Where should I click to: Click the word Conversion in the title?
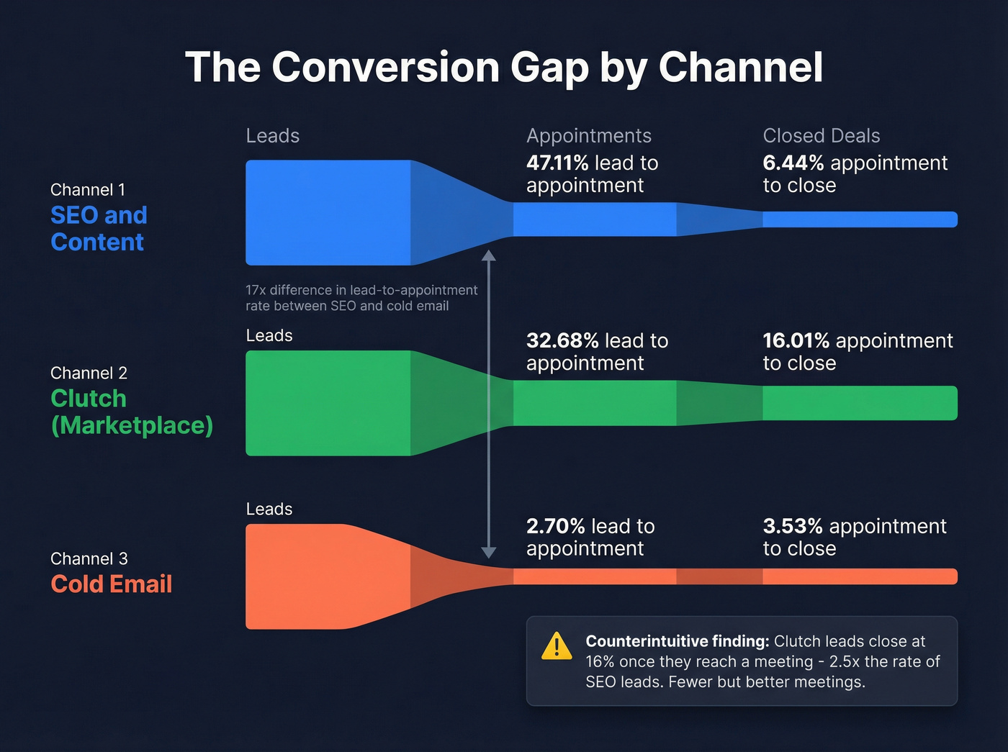[x=385, y=68]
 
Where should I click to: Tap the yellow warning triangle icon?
[x=557, y=646]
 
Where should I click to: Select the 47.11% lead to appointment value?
[x=557, y=163]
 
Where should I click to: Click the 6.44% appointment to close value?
[x=793, y=163]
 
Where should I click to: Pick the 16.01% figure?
[x=796, y=341]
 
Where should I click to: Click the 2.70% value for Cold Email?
[x=555, y=527]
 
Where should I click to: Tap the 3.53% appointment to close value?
[x=792, y=527]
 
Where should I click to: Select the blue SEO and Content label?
[x=99, y=229]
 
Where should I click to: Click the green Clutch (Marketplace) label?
[x=132, y=412]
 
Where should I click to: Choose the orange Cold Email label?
[x=112, y=584]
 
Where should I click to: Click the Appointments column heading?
[x=588, y=136]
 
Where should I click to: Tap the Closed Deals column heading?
[x=821, y=136]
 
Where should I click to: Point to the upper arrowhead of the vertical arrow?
[x=489, y=255]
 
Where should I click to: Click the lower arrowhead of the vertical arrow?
[x=489, y=552]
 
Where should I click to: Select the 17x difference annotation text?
[x=361, y=298]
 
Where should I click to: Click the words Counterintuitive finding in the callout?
[x=677, y=641]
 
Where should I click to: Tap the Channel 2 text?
[x=89, y=373]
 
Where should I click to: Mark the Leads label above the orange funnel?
[x=269, y=509]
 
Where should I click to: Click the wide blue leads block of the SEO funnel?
[x=328, y=212]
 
